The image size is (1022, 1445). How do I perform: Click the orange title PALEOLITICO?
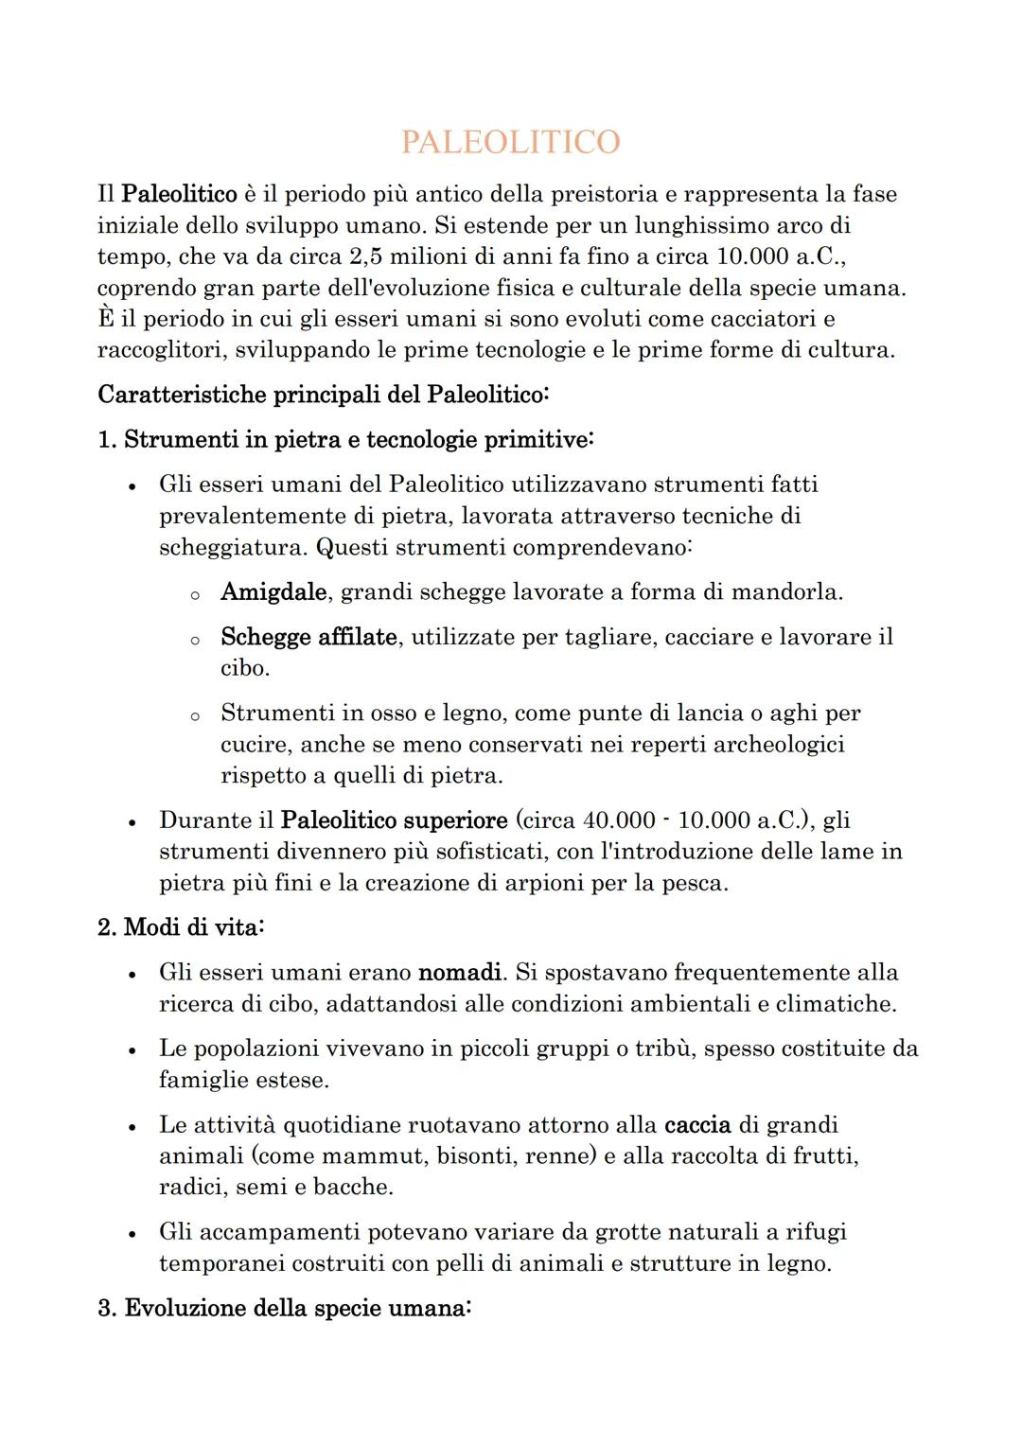coord(510,142)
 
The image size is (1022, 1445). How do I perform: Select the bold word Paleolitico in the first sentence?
coord(180,195)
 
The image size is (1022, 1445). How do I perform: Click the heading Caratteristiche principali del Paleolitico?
coord(323,395)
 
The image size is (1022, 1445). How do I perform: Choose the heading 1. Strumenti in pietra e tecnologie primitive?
coord(345,440)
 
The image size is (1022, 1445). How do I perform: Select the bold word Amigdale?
coord(273,592)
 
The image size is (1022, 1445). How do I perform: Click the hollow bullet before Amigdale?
coord(194,595)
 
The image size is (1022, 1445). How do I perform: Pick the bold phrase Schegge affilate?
coord(308,638)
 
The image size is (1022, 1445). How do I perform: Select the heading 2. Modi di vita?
coord(181,927)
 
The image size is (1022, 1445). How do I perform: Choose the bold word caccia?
coord(697,1125)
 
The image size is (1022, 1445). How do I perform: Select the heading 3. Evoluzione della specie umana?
coord(284,1309)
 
